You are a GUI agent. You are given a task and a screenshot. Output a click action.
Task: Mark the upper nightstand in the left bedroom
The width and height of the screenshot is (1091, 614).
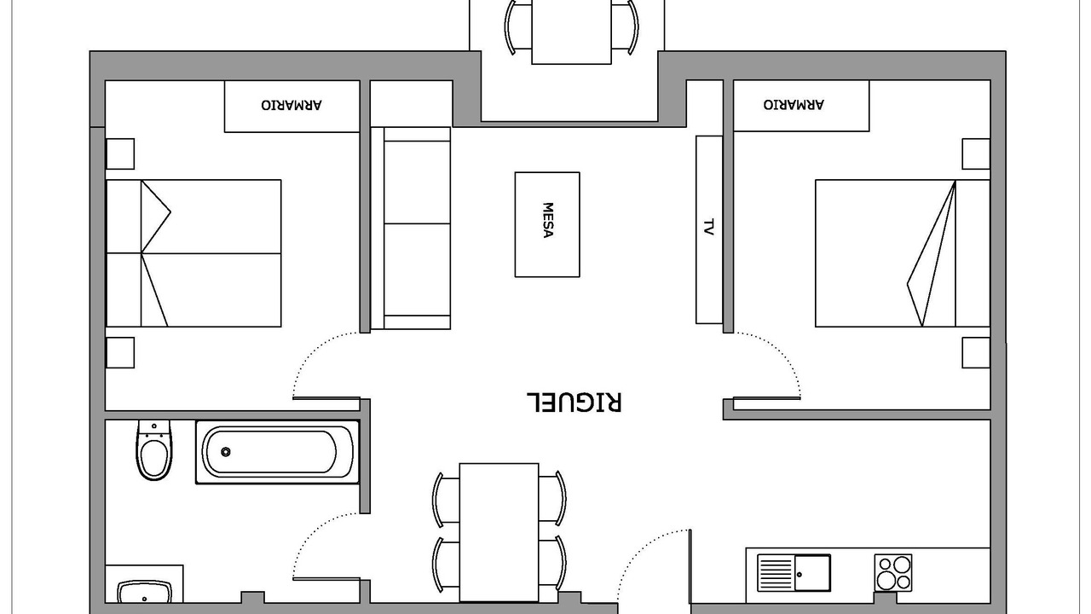click(x=121, y=155)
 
